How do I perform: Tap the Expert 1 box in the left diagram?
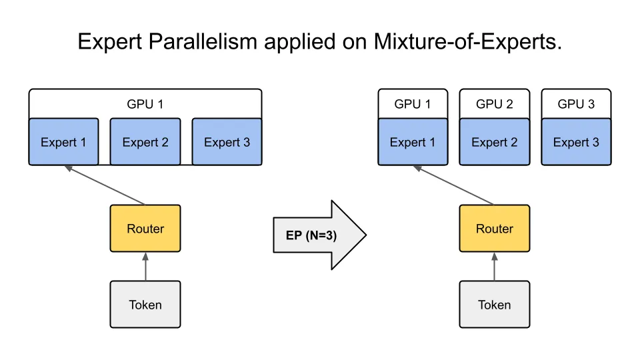tap(63, 142)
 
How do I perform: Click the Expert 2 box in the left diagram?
tap(145, 142)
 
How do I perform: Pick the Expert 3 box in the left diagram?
tap(227, 142)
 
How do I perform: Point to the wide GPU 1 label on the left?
tap(145, 104)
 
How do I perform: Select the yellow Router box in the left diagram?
tap(145, 229)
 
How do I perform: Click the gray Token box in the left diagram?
tap(145, 305)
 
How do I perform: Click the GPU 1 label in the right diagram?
tap(412, 104)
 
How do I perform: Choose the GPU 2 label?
tap(494, 104)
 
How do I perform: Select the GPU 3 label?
tap(576, 104)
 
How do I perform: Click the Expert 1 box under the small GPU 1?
tap(412, 142)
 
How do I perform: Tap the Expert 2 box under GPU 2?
tap(494, 142)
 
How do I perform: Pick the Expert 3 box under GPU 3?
tap(576, 142)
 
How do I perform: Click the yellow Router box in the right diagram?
tap(494, 229)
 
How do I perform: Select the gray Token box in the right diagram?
tap(494, 305)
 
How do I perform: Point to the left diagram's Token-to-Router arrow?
tap(145, 267)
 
